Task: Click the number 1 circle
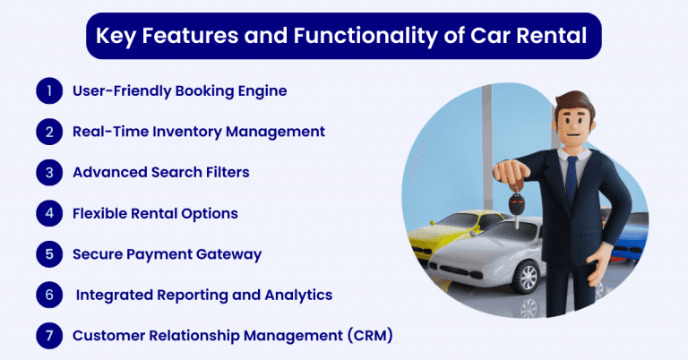pos(47,90)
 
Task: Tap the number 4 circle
pos(47,213)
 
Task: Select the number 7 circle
pos(47,336)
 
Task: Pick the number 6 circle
pos(47,295)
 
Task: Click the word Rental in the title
pos(548,37)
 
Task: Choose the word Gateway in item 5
pos(228,254)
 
